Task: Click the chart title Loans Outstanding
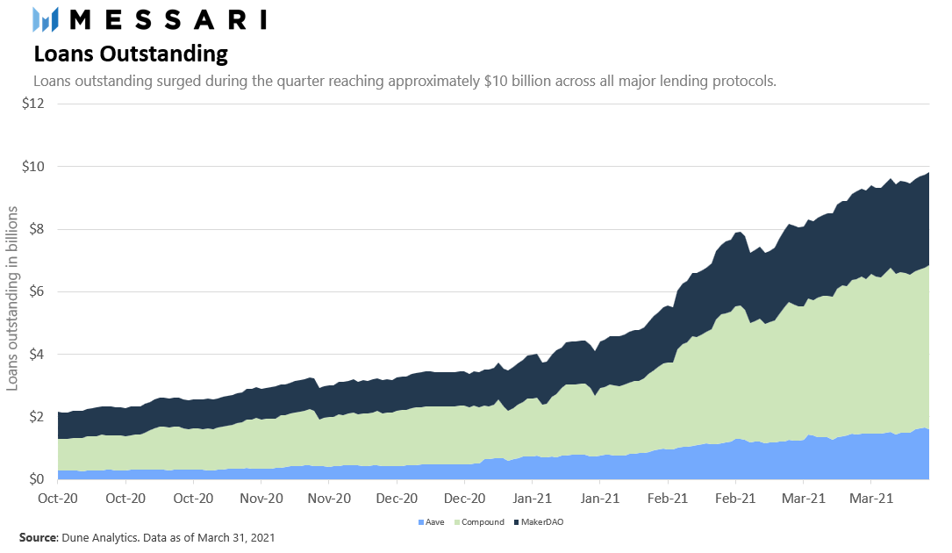(131, 54)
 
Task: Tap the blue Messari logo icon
(45, 18)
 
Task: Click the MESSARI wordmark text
(168, 18)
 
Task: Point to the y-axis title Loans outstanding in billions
(12, 298)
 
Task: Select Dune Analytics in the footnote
(97, 536)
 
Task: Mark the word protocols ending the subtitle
(745, 81)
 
